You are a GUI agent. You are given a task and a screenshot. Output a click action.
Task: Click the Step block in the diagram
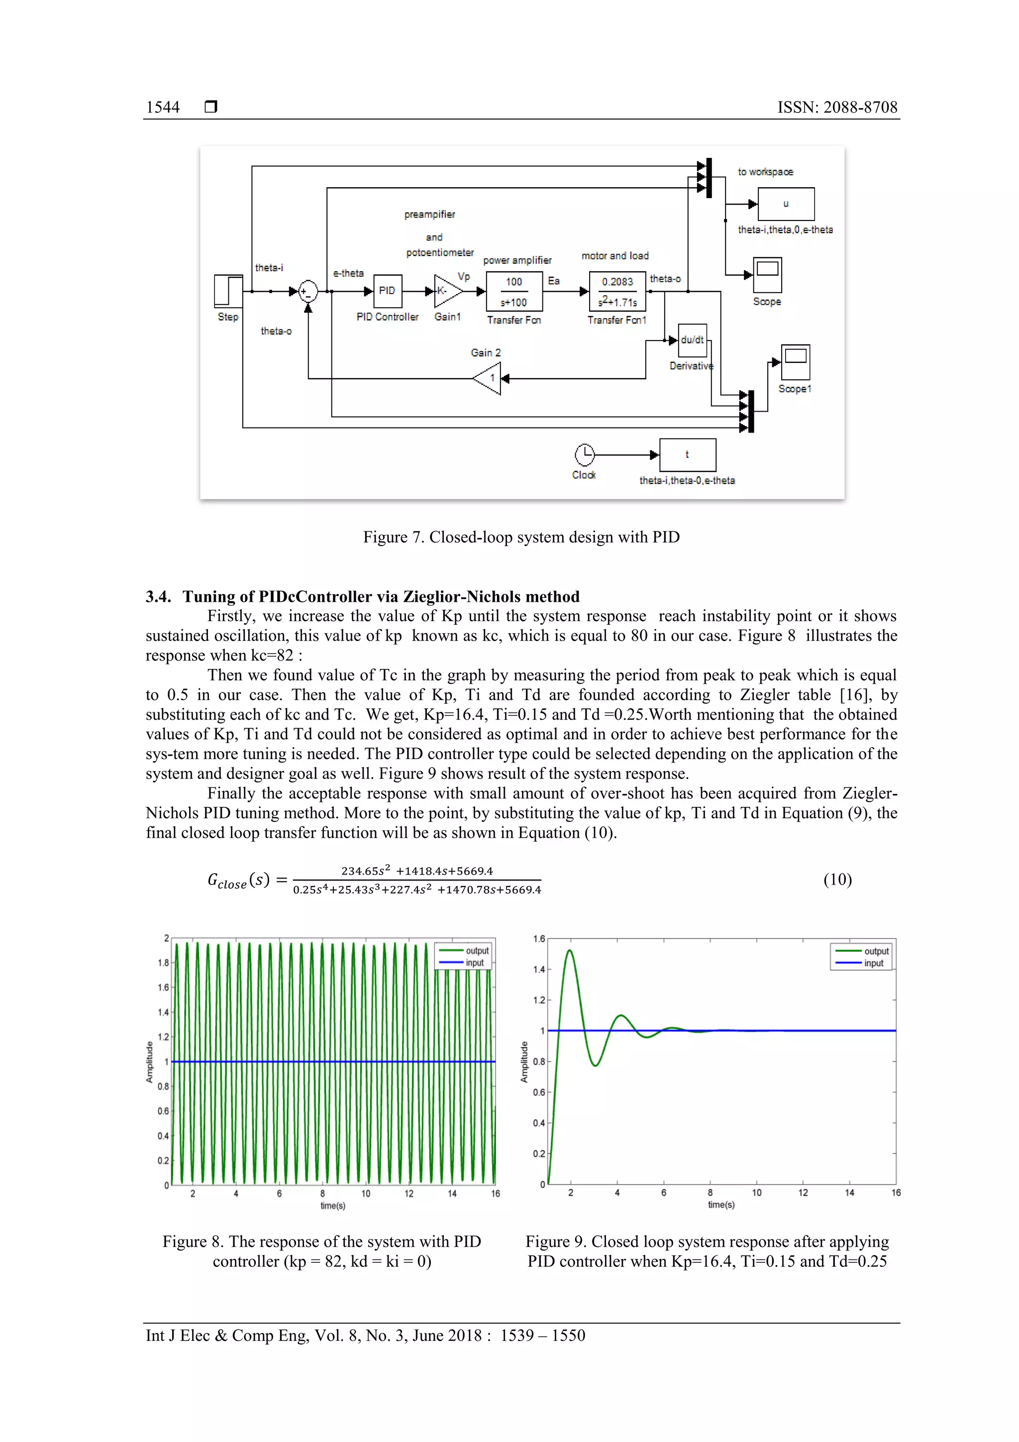228,291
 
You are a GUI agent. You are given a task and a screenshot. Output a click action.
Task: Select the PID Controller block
388,291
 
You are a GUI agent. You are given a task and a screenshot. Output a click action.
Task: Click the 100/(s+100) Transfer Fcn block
514,291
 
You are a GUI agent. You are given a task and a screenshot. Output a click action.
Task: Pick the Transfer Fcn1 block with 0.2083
617,291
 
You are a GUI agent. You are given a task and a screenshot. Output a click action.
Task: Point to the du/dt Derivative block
693,340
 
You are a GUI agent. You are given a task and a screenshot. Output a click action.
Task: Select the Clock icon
584,454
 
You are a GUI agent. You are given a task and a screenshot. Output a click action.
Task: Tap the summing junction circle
307,291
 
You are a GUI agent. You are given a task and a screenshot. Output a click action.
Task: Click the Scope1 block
796,361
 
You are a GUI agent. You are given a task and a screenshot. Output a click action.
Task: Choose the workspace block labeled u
786,204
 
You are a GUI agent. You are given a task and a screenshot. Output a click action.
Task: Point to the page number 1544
163,108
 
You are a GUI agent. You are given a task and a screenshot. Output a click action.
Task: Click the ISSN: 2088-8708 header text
837,108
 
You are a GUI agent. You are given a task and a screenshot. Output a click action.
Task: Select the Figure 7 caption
521,537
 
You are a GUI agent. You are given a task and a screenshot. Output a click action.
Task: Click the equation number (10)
837,879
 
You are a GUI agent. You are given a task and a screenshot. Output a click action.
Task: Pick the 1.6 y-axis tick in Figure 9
539,939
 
